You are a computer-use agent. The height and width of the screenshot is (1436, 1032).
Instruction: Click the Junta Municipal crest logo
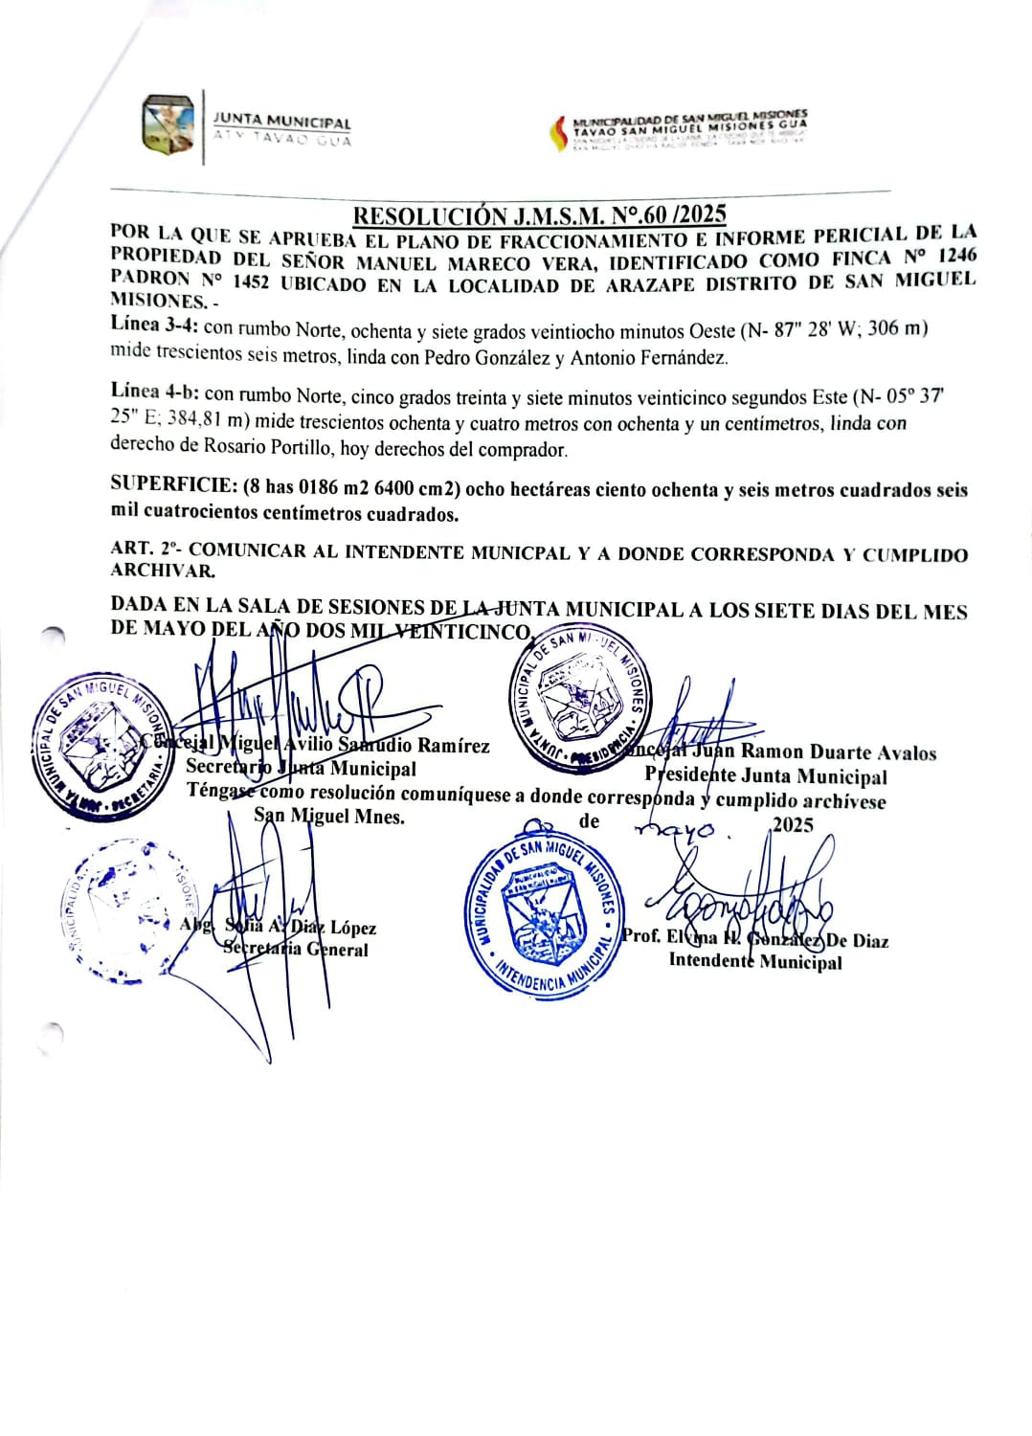tap(168, 124)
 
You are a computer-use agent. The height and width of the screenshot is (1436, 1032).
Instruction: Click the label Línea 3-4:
tap(154, 325)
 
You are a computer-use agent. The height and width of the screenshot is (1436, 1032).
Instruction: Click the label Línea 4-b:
tap(154, 392)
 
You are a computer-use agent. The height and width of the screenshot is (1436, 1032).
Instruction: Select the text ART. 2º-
tap(146, 549)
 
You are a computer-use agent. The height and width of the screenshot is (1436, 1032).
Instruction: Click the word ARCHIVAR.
tap(162, 571)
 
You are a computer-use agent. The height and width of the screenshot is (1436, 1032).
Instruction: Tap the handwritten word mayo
tap(678, 829)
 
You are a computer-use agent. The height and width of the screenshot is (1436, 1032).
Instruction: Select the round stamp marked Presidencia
tap(579, 701)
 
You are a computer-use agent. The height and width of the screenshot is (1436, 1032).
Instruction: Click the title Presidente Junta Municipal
tap(766, 776)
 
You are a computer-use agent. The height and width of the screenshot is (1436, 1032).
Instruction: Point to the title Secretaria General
tap(296, 950)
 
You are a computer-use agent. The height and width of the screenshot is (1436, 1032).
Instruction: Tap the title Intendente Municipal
tap(755, 961)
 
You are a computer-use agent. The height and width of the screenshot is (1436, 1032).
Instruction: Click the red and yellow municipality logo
tap(558, 133)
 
